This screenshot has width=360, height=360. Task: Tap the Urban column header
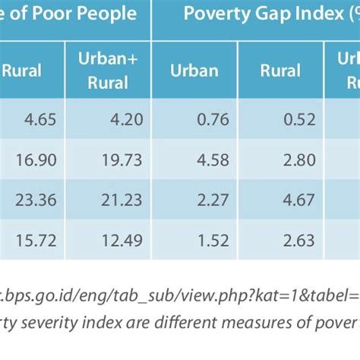pos(194,71)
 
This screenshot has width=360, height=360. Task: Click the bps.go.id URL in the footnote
pos(152,292)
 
